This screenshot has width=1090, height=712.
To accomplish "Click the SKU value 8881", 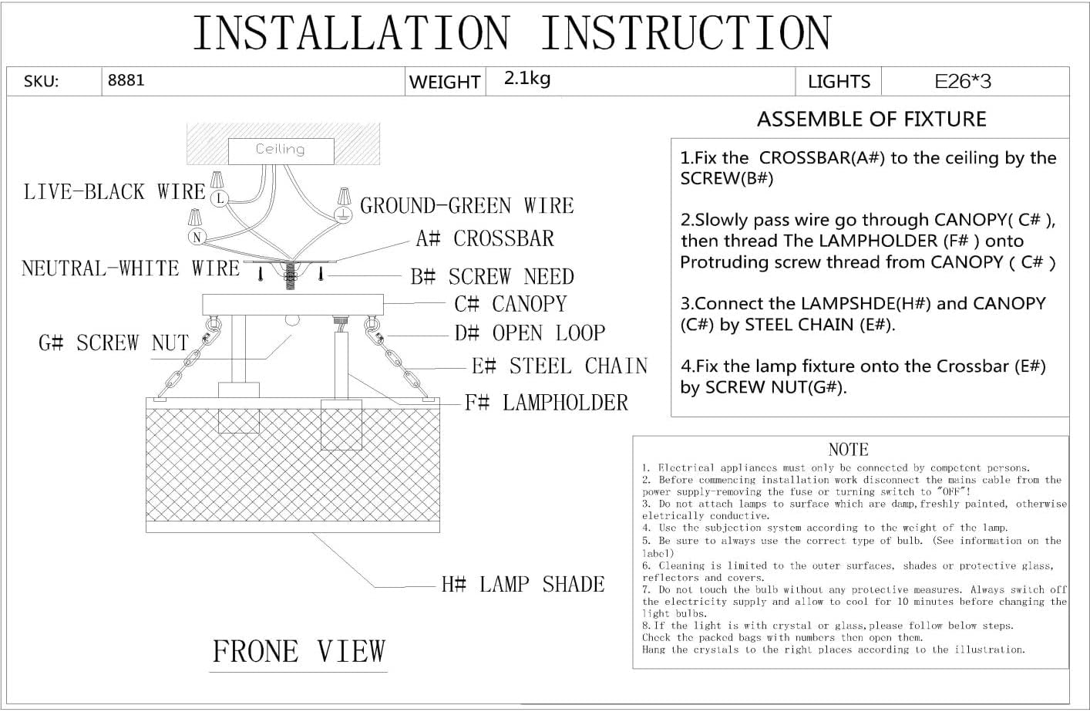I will click(x=126, y=80).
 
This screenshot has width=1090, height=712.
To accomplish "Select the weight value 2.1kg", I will click(x=527, y=79).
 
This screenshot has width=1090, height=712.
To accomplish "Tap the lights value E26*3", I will click(x=963, y=81).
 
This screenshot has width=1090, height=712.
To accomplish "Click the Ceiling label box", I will click(x=281, y=150).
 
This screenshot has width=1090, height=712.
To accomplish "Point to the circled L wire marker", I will click(x=220, y=198).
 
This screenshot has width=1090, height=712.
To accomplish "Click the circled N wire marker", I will click(x=197, y=237).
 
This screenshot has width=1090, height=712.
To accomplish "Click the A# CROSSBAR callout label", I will click(x=485, y=239).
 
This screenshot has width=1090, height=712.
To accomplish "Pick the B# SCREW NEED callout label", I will click(x=492, y=277).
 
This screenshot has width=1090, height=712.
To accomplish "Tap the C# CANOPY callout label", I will click(x=510, y=304).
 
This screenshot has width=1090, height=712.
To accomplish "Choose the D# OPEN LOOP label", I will click(x=530, y=333).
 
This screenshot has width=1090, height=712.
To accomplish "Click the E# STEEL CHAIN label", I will click(x=559, y=366).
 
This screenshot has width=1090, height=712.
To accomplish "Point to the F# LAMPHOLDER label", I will click(x=546, y=403).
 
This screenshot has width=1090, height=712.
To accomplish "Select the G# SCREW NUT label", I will click(x=113, y=343).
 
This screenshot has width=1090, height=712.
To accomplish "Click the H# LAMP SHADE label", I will click(x=523, y=585).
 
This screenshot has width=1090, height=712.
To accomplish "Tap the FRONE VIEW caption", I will click(x=298, y=652).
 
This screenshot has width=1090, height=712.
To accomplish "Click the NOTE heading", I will click(x=848, y=450).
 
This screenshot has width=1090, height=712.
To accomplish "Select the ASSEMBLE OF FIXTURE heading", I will click(x=871, y=120).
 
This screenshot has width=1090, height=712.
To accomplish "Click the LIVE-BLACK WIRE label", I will click(x=115, y=192).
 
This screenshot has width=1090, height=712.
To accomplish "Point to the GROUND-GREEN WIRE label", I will click(x=467, y=206).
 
